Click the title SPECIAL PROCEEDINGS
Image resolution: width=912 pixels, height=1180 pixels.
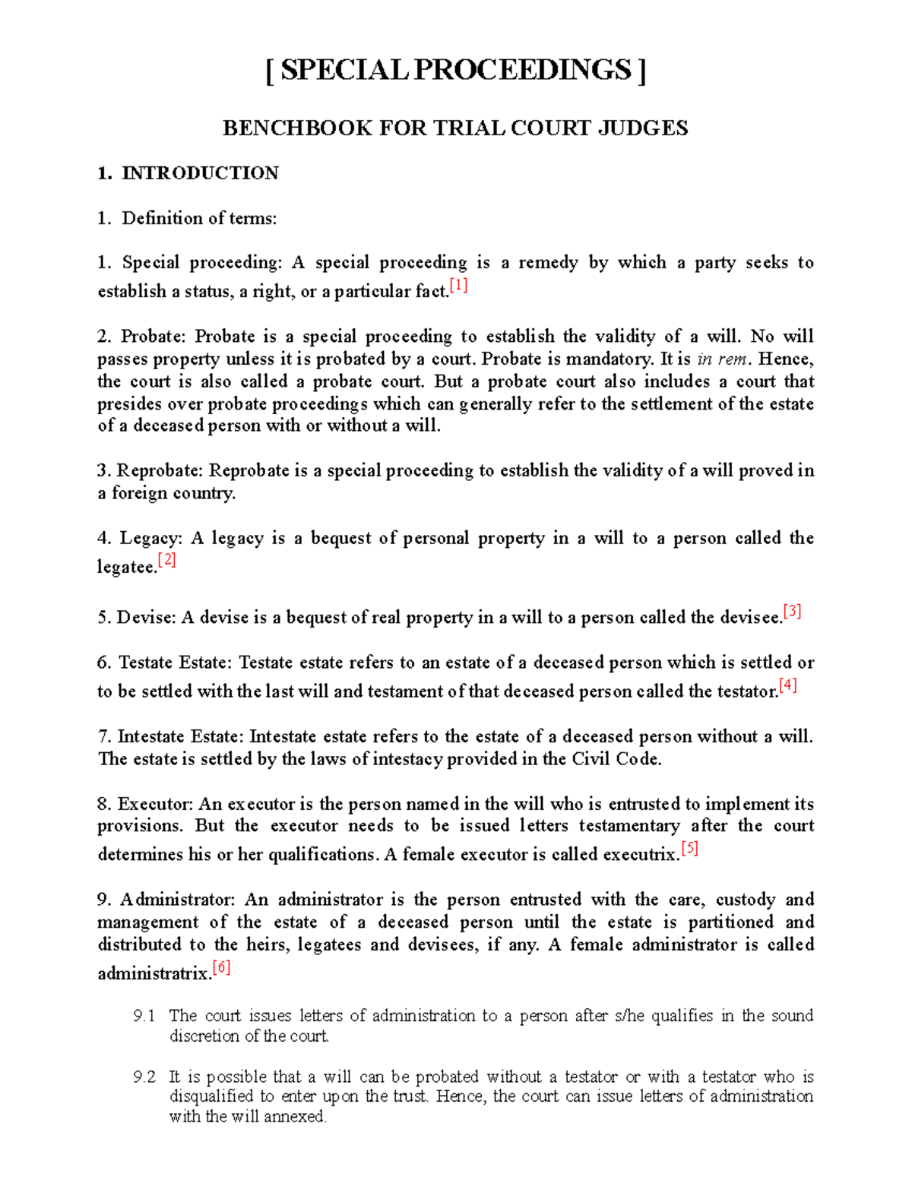455,71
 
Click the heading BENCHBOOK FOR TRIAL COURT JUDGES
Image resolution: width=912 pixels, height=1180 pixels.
455,128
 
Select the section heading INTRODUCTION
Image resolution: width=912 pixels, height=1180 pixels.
200,173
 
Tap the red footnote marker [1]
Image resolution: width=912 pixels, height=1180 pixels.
458,286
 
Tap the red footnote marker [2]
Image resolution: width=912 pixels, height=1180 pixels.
166,562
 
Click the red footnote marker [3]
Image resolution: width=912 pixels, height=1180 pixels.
792,612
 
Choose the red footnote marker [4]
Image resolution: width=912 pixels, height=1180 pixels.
787,686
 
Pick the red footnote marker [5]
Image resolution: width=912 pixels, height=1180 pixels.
689,849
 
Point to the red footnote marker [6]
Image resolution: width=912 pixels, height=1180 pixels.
221,968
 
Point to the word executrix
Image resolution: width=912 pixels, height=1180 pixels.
641,855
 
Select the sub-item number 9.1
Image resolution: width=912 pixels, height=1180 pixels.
144,1016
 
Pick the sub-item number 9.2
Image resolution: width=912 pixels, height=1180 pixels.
144,1077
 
